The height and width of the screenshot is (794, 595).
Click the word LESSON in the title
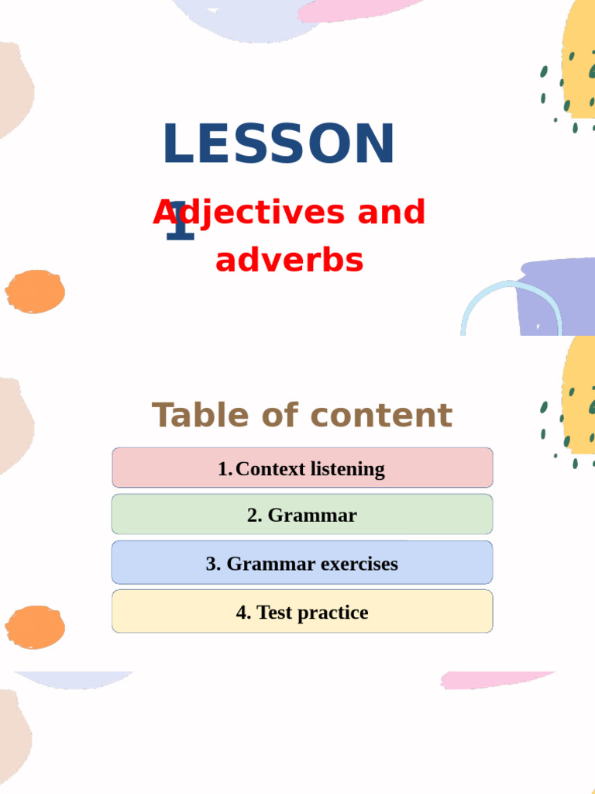279,144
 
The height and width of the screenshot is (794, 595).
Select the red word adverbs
289,261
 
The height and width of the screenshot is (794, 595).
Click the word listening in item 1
347,469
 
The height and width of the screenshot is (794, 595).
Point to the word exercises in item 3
359,564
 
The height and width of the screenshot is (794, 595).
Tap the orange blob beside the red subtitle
35,292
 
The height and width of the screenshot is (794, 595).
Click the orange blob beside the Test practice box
35,627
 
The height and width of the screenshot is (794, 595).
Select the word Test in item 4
273,613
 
